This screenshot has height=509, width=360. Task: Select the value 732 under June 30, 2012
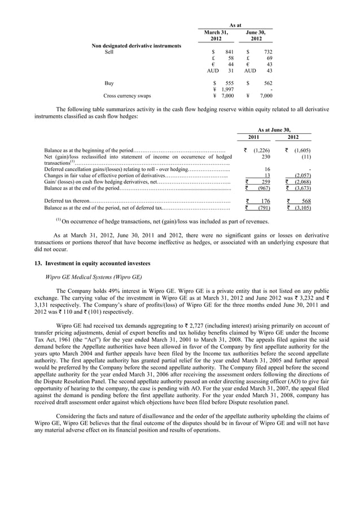267,51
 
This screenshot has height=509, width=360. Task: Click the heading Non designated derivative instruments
137,45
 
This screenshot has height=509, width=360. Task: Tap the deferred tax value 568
306,201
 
